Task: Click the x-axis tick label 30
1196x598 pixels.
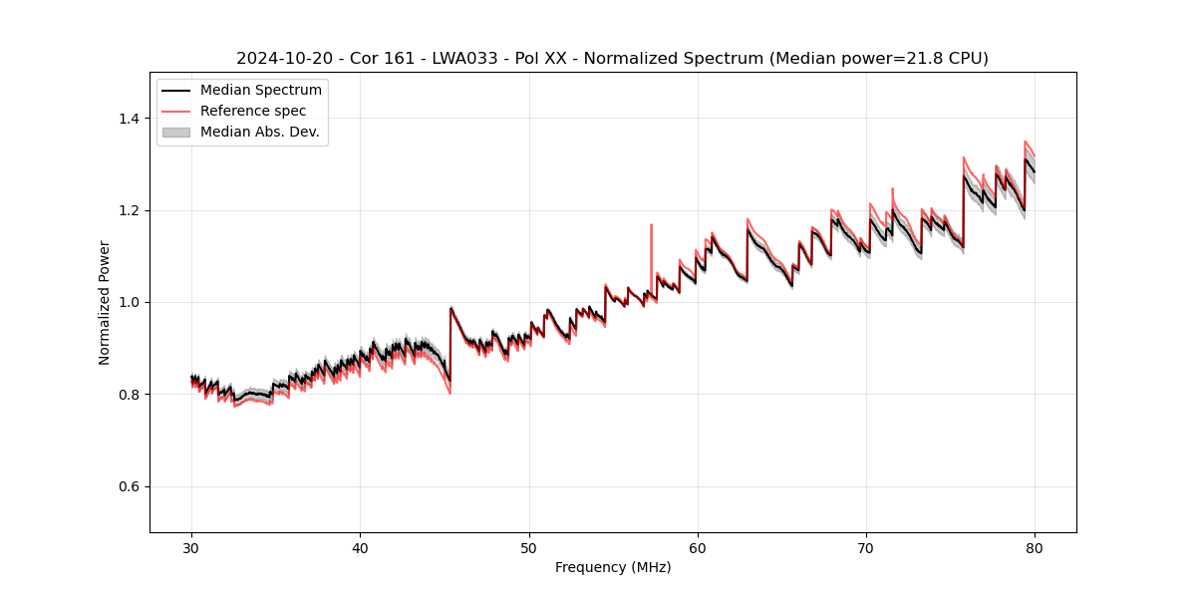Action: tap(192, 547)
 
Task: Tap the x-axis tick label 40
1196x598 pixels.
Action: tap(361, 547)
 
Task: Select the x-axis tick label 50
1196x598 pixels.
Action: tap(529, 547)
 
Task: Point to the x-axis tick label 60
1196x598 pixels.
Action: tap(698, 547)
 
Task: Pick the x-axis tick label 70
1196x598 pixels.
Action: tap(866, 547)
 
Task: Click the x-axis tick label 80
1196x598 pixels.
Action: tap(1035, 547)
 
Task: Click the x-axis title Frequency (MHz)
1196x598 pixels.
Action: tap(613, 567)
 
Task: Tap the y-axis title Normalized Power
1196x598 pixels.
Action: tap(104, 302)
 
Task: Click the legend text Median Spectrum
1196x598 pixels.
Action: tap(261, 91)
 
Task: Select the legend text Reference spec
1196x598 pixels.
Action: tap(253, 111)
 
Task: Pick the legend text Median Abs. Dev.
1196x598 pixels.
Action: tap(260, 132)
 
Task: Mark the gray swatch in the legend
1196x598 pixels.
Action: tap(176, 132)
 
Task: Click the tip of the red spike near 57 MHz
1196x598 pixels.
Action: tap(651, 224)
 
